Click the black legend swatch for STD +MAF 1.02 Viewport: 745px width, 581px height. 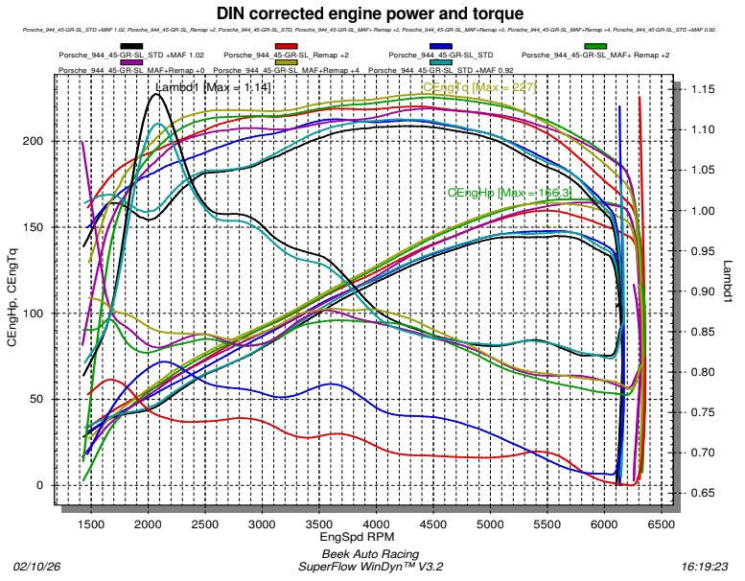(132, 46)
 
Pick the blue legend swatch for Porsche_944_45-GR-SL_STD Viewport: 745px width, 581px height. (441, 46)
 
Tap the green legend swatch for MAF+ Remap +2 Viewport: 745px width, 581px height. (596, 46)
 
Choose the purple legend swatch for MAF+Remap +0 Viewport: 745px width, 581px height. (132, 62)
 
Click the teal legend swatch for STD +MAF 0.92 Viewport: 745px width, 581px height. (441, 62)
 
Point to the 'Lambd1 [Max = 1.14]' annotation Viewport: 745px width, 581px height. (213, 88)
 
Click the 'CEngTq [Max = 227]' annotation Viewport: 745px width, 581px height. (479, 87)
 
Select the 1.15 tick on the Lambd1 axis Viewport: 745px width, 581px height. (704, 89)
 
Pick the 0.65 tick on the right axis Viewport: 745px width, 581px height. (704, 493)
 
